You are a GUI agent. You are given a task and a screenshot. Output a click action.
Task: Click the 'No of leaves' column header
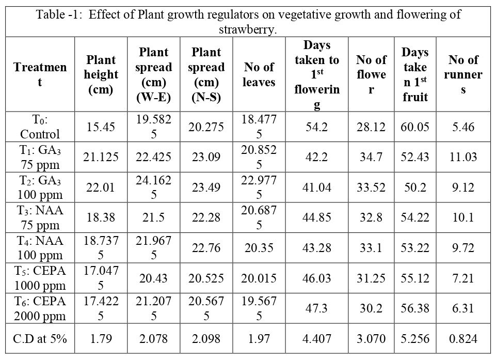tap(260, 74)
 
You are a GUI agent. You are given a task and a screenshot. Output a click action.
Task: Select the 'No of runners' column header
tap(463, 74)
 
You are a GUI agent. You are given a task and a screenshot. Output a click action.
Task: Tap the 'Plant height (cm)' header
tap(101, 75)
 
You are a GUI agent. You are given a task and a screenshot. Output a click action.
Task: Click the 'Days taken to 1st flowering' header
tap(317, 75)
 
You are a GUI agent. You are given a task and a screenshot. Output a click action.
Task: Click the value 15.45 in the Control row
tap(101, 127)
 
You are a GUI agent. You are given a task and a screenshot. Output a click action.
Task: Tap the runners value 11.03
tap(463, 157)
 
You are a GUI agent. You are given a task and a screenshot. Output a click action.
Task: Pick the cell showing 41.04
tap(317, 187)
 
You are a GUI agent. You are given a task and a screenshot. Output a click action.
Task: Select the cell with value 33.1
tap(371, 248)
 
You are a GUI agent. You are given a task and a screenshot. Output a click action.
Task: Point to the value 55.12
tap(415, 278)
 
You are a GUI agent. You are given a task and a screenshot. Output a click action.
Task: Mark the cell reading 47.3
tap(317, 309)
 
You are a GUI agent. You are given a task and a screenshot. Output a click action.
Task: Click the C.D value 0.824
tap(463, 339)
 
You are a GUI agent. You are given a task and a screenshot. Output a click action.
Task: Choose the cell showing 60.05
tap(415, 127)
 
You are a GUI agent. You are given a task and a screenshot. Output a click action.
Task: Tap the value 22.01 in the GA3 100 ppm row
tap(101, 187)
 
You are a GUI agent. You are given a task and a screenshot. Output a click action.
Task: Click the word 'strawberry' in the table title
tap(248, 29)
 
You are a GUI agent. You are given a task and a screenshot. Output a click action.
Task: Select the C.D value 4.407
tap(317, 339)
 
